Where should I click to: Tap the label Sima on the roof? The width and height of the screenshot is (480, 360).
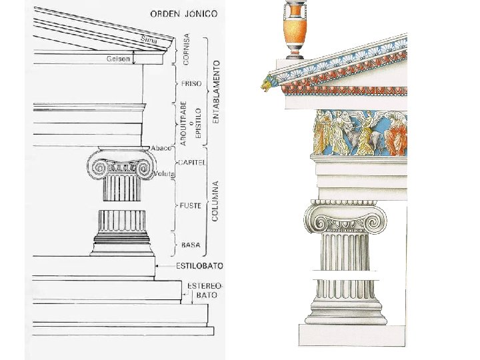(x=148, y=39)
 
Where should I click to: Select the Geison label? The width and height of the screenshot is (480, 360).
(x=117, y=59)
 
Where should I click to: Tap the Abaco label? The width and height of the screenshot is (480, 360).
(x=161, y=147)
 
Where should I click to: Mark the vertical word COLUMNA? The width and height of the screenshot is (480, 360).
(x=216, y=198)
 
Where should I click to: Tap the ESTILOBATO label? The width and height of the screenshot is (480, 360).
(x=199, y=265)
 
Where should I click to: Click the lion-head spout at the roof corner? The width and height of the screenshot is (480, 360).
(x=268, y=84)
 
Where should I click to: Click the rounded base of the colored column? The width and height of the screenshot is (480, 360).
(x=345, y=311)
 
